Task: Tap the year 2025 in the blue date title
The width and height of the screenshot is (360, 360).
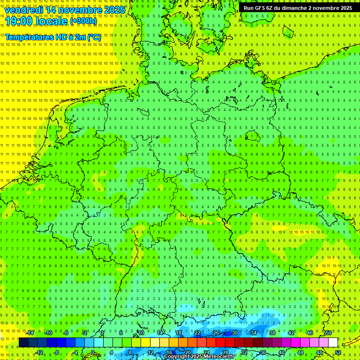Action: (112, 10)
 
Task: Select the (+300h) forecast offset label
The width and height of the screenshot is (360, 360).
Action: (83, 21)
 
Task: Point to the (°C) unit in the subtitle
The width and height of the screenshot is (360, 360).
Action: (93, 37)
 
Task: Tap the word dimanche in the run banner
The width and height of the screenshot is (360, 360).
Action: (292, 8)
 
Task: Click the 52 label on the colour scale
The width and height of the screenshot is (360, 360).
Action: (338, 352)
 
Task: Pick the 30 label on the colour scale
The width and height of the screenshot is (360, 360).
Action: (234, 333)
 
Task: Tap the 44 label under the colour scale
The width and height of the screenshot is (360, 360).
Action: (300, 352)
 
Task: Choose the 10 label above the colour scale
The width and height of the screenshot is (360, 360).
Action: (141, 333)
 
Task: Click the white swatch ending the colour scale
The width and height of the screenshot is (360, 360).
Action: (333, 343)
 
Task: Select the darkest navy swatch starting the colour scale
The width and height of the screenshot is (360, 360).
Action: (23, 343)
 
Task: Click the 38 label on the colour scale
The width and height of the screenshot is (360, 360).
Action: (272, 333)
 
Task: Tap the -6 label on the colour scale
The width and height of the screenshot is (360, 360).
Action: (66, 333)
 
